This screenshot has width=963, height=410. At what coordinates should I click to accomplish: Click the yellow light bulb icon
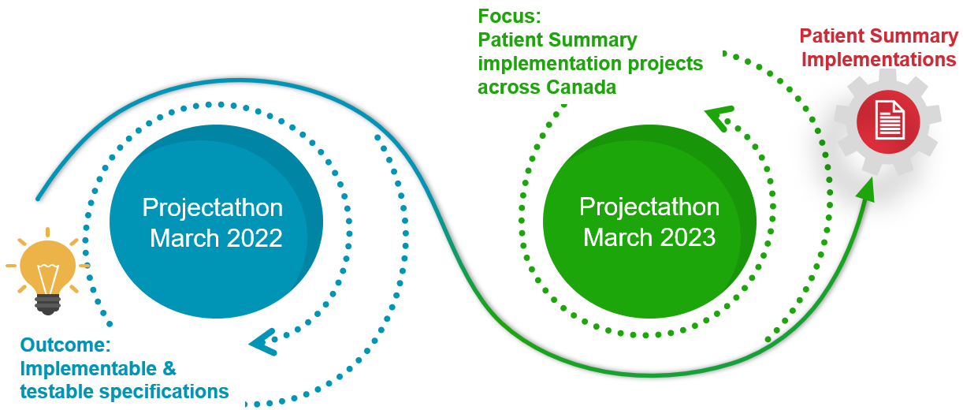48,272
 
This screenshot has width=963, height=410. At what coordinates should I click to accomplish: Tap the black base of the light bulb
48,304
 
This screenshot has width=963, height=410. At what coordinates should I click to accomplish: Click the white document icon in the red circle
890,121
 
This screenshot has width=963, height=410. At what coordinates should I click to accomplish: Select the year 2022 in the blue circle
254,238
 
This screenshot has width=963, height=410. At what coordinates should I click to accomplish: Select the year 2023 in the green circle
687,237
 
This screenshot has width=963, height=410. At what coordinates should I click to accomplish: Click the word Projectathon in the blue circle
212,208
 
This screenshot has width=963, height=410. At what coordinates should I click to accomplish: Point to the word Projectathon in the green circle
649,207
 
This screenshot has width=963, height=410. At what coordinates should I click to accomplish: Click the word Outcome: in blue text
65,345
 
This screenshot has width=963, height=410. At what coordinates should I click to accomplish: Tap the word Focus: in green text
509,17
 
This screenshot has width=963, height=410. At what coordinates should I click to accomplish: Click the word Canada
582,88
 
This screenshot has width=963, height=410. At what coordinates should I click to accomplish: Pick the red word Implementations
879,59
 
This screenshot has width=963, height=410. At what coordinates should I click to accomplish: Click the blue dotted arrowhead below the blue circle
262,342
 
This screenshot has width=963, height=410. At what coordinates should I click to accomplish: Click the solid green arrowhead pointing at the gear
867,190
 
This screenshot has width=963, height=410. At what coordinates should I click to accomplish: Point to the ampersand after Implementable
169,369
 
